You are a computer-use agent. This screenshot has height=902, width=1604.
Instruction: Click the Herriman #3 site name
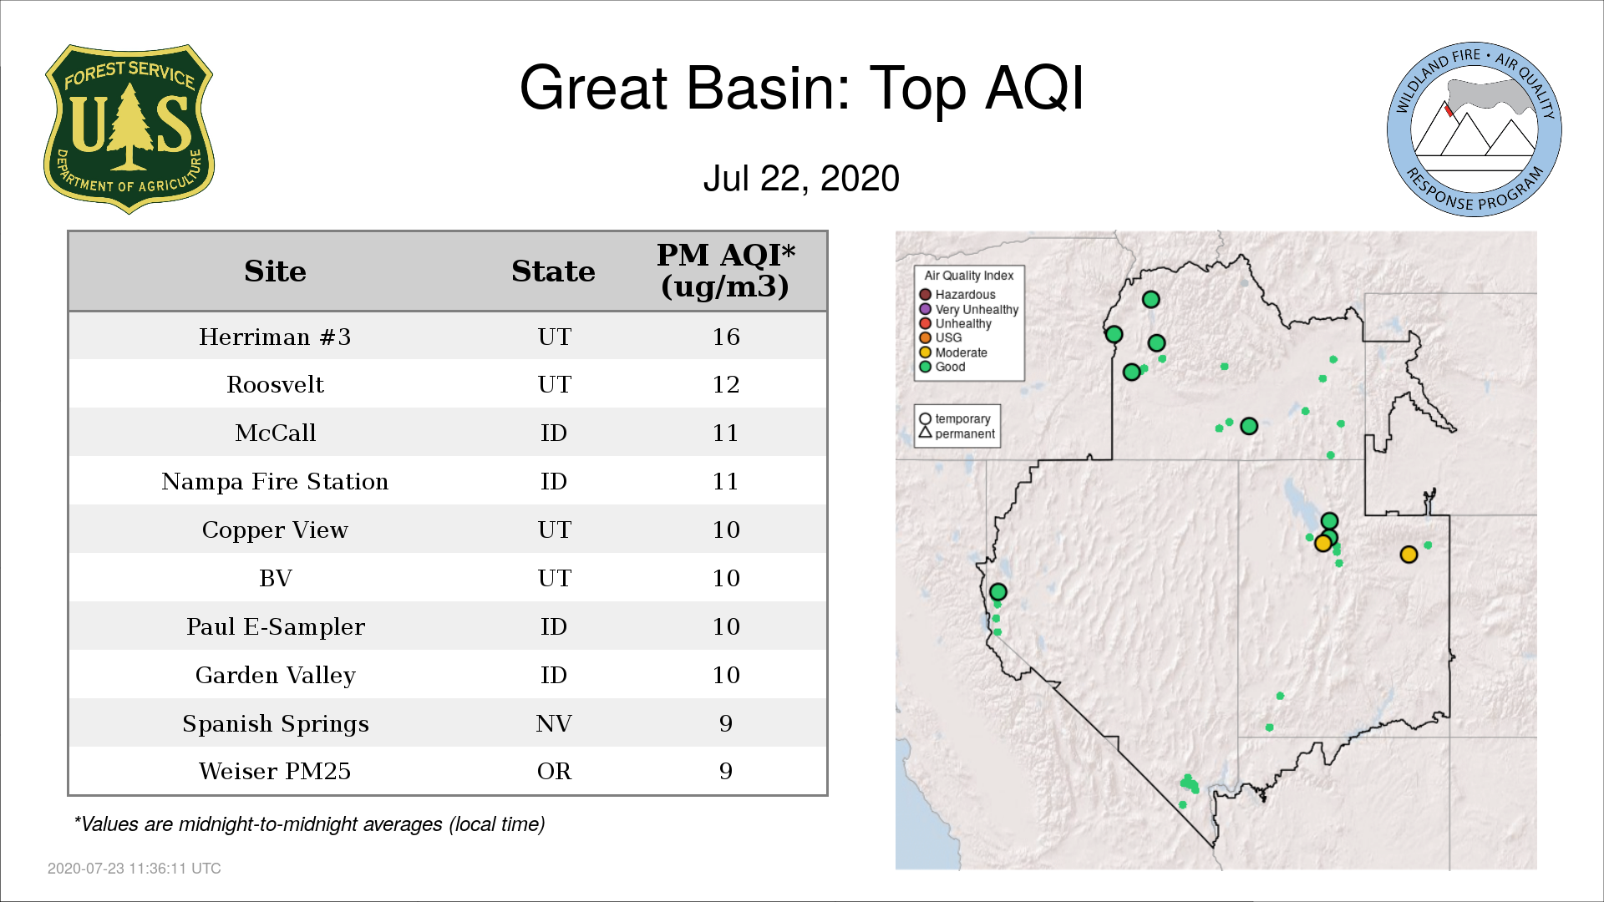[275, 337]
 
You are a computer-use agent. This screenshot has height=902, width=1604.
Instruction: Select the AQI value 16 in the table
[726, 337]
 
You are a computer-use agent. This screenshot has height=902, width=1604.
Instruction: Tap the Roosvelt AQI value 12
[726, 384]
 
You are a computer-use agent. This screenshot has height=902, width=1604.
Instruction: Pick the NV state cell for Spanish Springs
[554, 723]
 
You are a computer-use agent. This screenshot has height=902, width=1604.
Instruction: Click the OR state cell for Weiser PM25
[554, 771]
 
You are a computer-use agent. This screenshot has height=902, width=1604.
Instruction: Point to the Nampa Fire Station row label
[275, 481]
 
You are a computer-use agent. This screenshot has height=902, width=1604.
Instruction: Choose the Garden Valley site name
[275, 675]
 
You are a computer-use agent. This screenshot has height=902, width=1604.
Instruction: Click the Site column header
[275, 271]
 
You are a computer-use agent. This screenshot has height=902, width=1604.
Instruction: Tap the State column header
[553, 271]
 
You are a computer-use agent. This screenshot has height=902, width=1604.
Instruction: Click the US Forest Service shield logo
[129, 129]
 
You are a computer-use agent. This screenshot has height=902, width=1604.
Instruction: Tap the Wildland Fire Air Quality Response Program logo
[1475, 129]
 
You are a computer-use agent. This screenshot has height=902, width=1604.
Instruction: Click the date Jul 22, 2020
[801, 178]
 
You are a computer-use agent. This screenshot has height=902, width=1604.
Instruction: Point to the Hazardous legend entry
[957, 295]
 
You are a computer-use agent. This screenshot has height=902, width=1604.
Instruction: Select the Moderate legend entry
[953, 352]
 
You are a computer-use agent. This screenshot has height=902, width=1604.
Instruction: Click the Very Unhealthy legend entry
[969, 309]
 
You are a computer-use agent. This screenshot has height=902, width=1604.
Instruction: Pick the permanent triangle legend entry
[957, 433]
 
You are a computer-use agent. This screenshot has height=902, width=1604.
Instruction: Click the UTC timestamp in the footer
[135, 869]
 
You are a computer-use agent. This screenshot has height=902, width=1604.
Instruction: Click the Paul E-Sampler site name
[275, 626]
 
